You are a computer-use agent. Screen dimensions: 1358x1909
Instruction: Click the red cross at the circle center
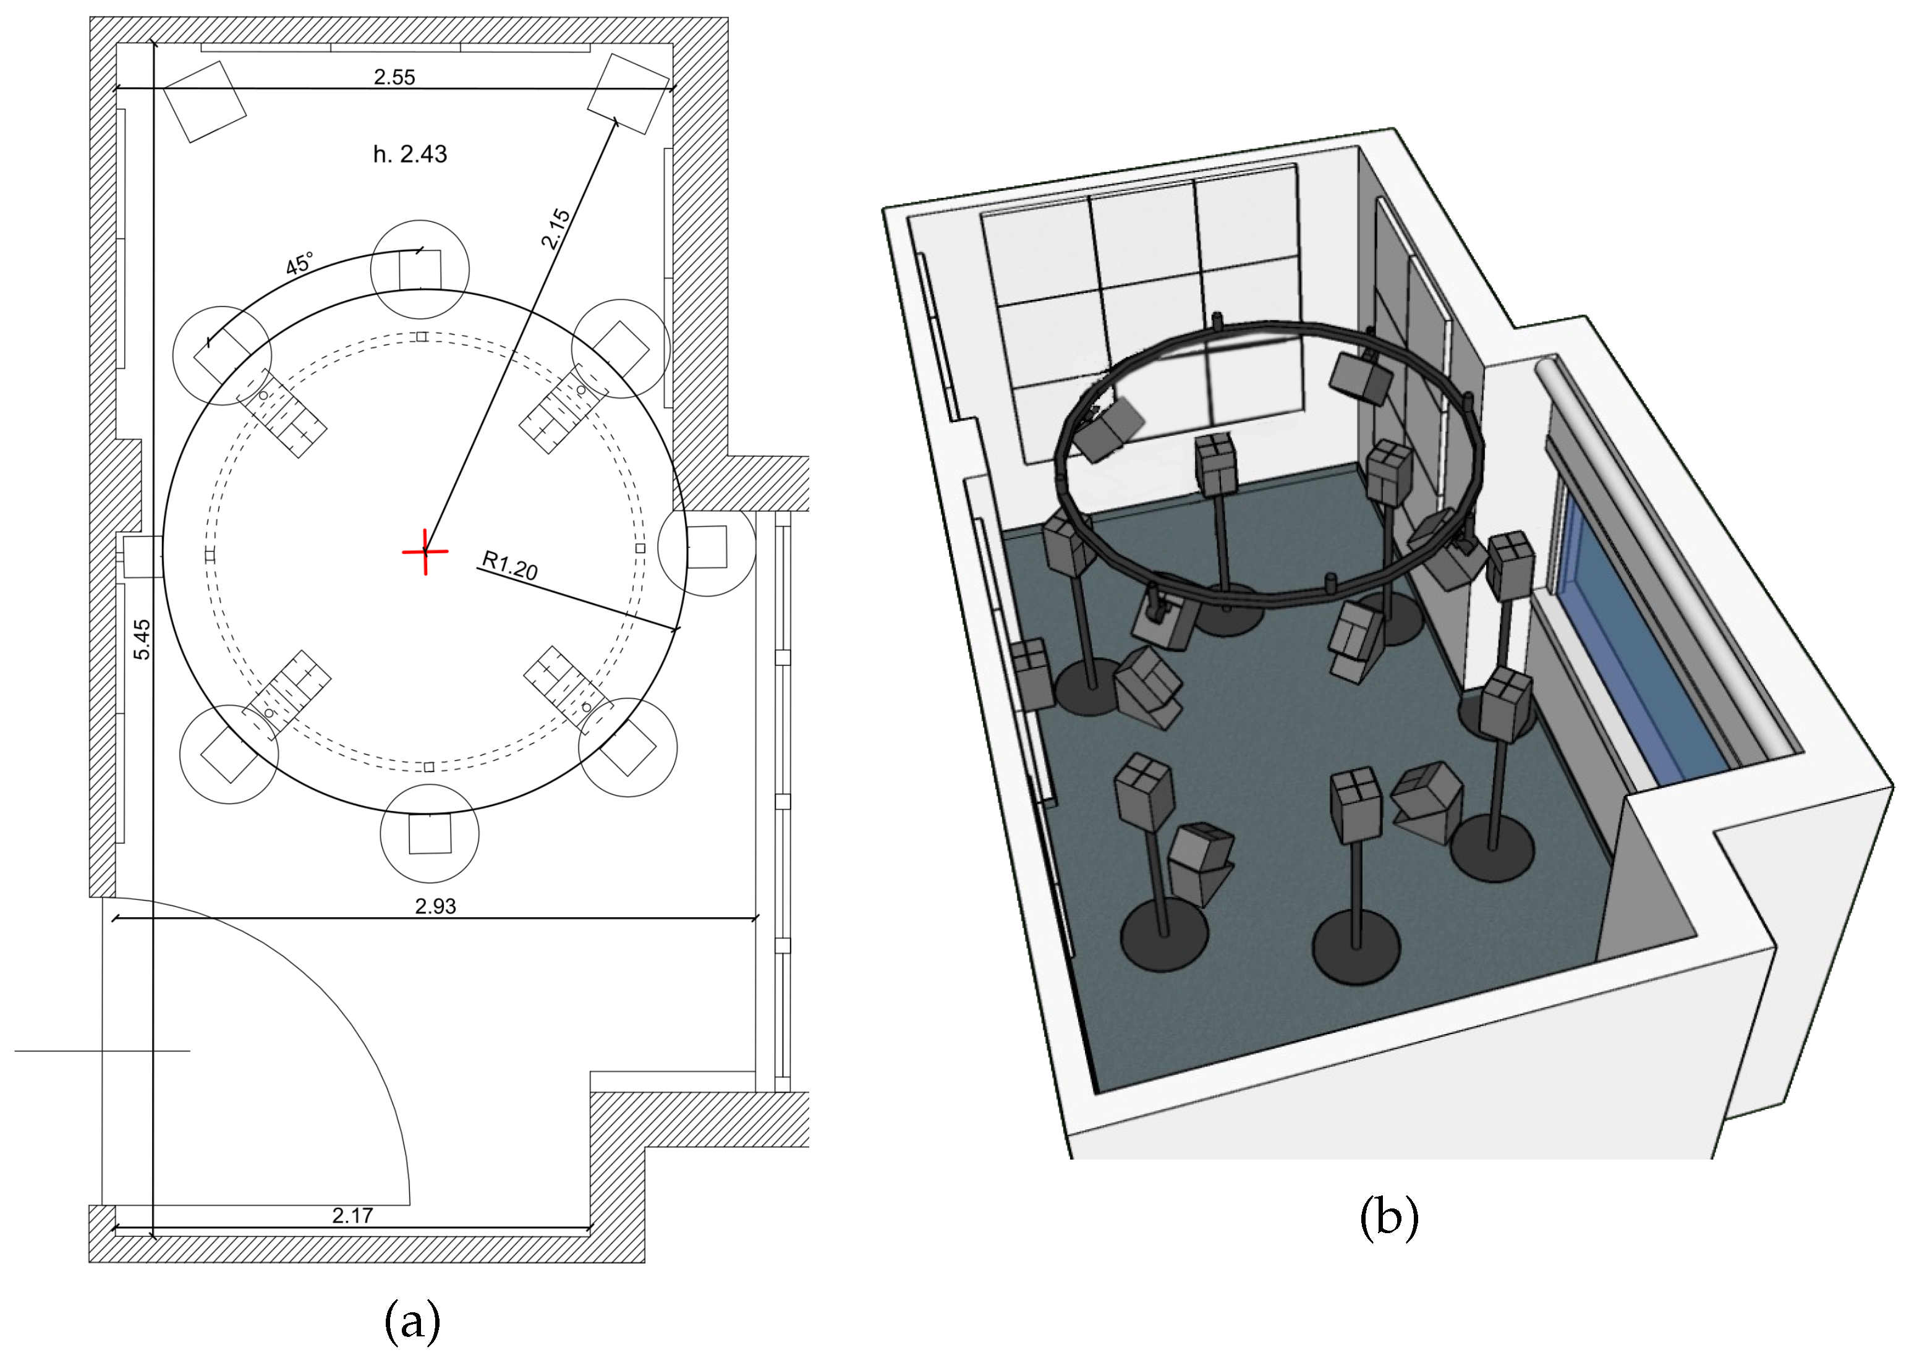pyautogui.click(x=425, y=552)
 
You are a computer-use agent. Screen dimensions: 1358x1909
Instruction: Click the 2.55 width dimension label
pyautogui.click(x=394, y=77)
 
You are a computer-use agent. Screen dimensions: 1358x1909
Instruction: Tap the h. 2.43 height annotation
pyautogui.click(x=410, y=154)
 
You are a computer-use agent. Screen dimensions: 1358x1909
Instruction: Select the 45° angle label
pyautogui.click(x=299, y=263)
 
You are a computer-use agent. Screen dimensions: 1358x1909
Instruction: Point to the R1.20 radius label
pyautogui.click(x=510, y=566)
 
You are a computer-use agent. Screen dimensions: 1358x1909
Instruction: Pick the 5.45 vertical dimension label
pyautogui.click(x=143, y=639)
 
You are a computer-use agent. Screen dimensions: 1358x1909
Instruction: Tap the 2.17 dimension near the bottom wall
pyautogui.click(x=352, y=1215)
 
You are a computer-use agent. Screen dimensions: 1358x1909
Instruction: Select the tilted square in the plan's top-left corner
pyautogui.click(x=205, y=101)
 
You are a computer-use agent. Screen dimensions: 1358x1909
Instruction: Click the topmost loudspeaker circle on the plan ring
pyautogui.click(x=420, y=268)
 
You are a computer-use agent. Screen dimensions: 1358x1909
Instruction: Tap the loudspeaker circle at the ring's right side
pyautogui.click(x=707, y=547)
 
